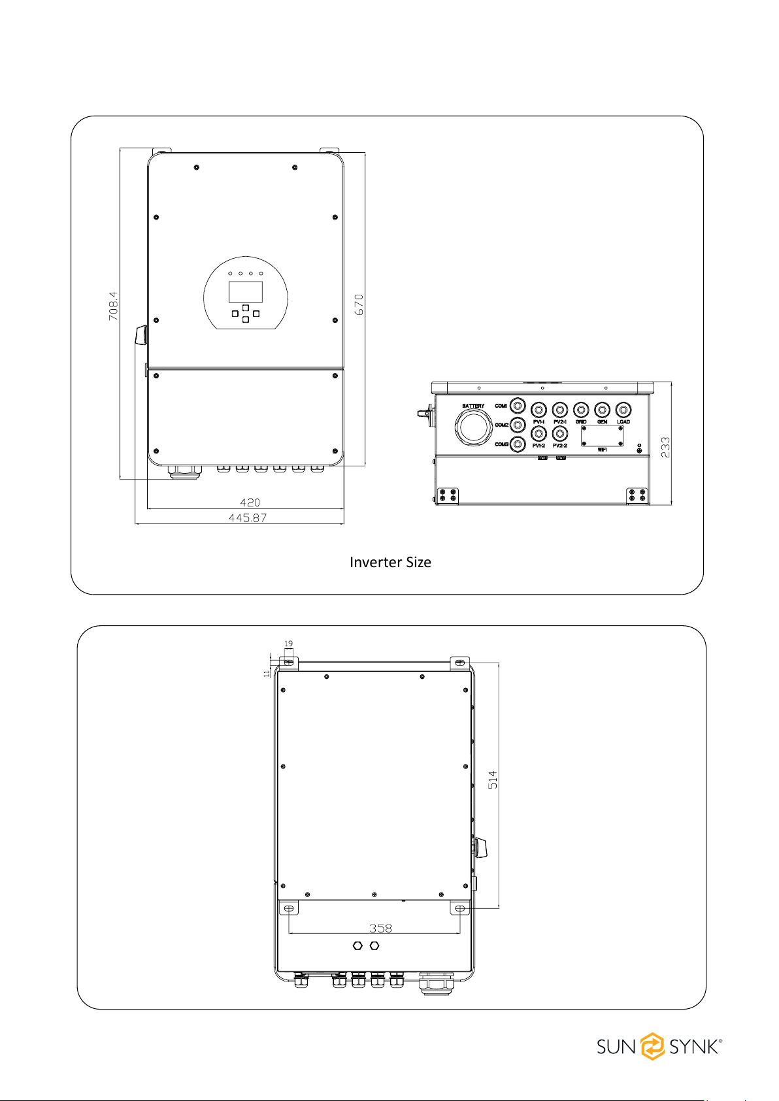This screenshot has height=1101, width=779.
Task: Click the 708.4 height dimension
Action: [x=114, y=306]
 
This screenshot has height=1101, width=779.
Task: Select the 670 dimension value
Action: [x=359, y=304]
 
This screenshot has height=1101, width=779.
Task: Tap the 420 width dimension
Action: [x=250, y=502]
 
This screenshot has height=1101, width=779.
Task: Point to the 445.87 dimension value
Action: [x=248, y=518]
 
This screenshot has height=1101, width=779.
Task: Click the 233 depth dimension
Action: [x=665, y=448]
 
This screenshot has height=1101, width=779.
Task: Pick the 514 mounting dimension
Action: [x=493, y=780]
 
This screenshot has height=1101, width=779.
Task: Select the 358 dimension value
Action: [x=381, y=928]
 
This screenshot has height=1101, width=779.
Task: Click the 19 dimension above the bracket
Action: [x=288, y=644]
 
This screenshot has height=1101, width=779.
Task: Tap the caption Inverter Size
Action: [x=390, y=563]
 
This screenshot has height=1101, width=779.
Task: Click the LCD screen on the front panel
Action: [x=245, y=292]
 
